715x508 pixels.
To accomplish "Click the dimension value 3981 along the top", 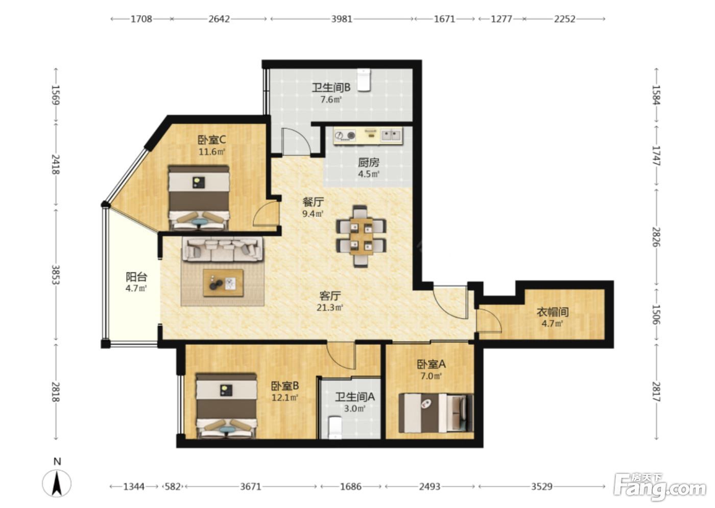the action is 342,19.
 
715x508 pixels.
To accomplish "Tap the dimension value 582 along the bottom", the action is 173,487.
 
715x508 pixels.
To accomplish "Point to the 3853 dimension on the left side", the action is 56,274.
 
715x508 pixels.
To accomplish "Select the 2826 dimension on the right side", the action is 656,237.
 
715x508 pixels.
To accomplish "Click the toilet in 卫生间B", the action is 364,80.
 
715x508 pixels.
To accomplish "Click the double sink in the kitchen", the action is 391,135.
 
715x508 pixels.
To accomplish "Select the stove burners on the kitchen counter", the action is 345,136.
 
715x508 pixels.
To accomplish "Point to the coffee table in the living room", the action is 224,283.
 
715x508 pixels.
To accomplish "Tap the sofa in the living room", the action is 223,249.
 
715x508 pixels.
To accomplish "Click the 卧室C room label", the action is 212,140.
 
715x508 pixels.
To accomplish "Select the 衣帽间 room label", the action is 553,312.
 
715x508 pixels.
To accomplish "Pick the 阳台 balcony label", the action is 136,276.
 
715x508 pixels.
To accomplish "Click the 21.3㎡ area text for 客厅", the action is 330,308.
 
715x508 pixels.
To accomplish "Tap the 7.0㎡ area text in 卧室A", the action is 431,376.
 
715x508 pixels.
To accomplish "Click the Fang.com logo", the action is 660,490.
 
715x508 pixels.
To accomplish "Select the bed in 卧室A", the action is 436,413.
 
